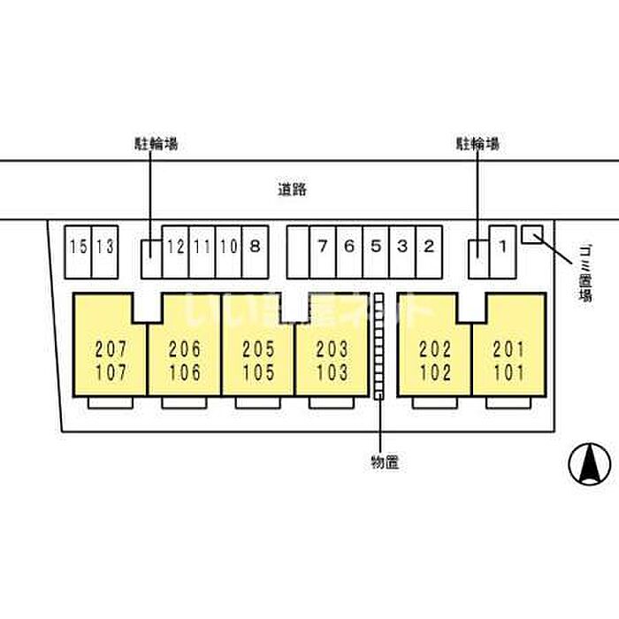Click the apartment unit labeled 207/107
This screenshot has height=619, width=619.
(x=110, y=354)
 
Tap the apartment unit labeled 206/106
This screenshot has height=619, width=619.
(x=184, y=354)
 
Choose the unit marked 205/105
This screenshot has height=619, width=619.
(x=257, y=354)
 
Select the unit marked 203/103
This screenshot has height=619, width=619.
(x=332, y=354)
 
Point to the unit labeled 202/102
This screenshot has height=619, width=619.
(x=435, y=354)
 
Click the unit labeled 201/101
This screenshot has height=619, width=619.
(x=508, y=354)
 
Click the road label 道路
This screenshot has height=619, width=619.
(x=291, y=188)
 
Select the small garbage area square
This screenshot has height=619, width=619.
(x=532, y=233)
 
